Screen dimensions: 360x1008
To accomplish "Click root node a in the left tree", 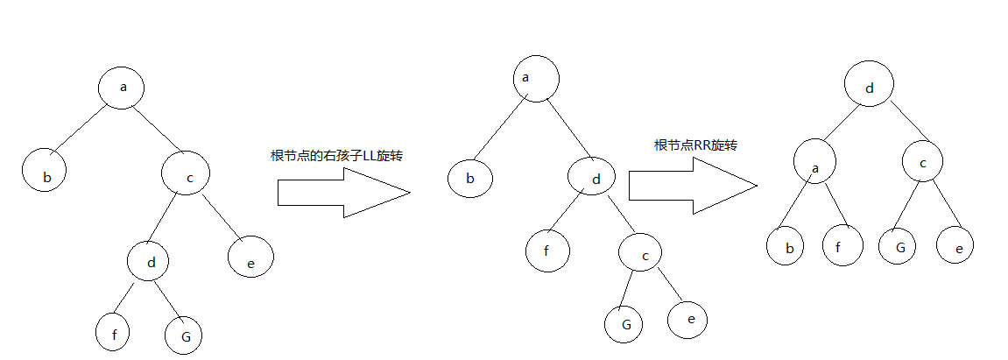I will pos(121,87).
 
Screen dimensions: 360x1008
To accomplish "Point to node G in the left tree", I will pos(183,334).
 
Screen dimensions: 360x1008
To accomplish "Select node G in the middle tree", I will pos(624,324).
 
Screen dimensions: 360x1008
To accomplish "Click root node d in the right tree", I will pos(869,88).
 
